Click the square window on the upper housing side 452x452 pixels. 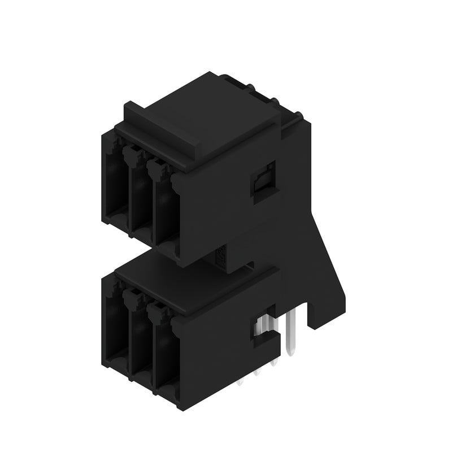263,181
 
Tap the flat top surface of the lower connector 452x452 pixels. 186,282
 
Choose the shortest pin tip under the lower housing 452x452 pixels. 241,383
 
